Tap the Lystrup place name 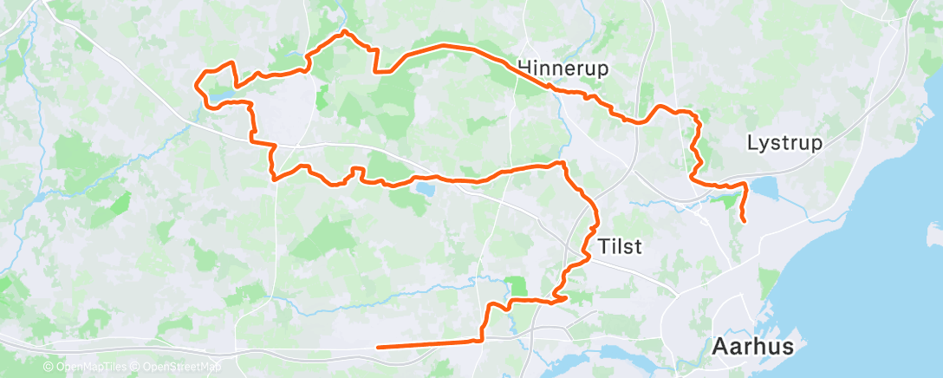pos(784,143)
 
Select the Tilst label pos(620,247)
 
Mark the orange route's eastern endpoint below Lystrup pos(745,222)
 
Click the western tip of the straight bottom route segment pos(379,347)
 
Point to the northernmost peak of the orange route pos(345,31)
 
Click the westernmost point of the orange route pos(196,85)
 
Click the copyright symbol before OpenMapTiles pos(49,368)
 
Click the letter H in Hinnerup pos(524,68)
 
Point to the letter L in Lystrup pos(751,143)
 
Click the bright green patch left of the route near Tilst pos(517,285)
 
